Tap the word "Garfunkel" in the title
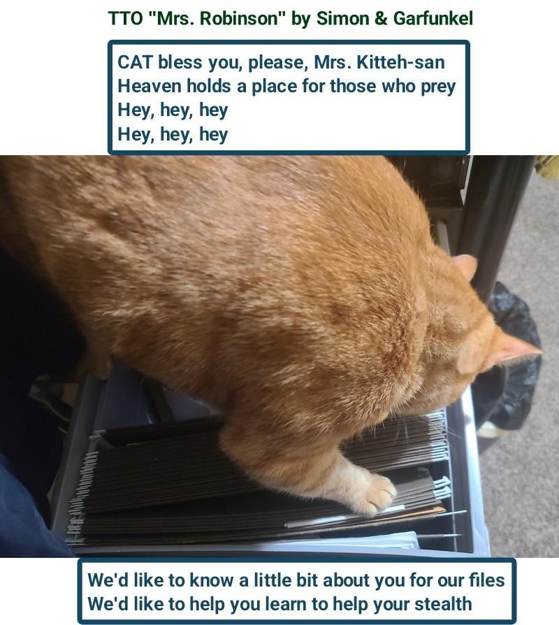[x=433, y=18]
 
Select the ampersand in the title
[x=381, y=18]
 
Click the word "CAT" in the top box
[x=135, y=62]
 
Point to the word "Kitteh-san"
[x=400, y=62]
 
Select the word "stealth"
[x=443, y=604]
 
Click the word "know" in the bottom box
[x=211, y=580]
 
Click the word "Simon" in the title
[x=342, y=18]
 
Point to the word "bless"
[x=180, y=62]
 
